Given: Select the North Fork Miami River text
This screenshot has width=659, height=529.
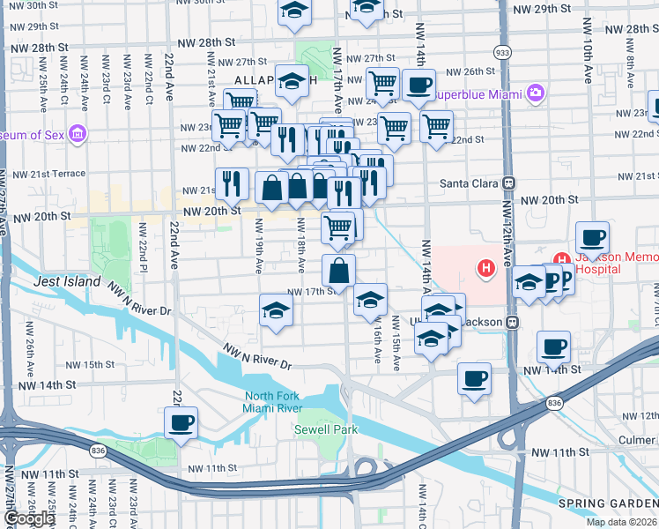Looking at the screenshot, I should (x=273, y=401).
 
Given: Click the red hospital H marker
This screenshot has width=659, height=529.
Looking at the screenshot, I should (x=484, y=267).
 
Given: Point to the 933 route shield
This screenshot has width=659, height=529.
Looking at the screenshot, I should (x=501, y=52).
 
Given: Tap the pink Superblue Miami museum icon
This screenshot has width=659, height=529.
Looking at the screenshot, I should (x=535, y=93).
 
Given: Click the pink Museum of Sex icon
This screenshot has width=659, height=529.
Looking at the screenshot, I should (x=78, y=134).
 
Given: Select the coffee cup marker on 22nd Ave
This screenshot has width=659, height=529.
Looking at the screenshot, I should (x=181, y=422).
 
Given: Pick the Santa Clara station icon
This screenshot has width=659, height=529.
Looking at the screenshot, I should (x=507, y=184).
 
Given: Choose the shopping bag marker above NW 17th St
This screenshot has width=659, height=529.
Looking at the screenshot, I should (x=338, y=271).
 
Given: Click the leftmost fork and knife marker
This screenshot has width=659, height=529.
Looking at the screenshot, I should (x=232, y=183).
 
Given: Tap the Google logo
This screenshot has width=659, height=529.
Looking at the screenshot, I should (x=28, y=518).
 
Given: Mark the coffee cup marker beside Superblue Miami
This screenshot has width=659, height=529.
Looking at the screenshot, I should (x=419, y=86).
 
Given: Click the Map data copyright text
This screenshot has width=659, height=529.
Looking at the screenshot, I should (x=621, y=522).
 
